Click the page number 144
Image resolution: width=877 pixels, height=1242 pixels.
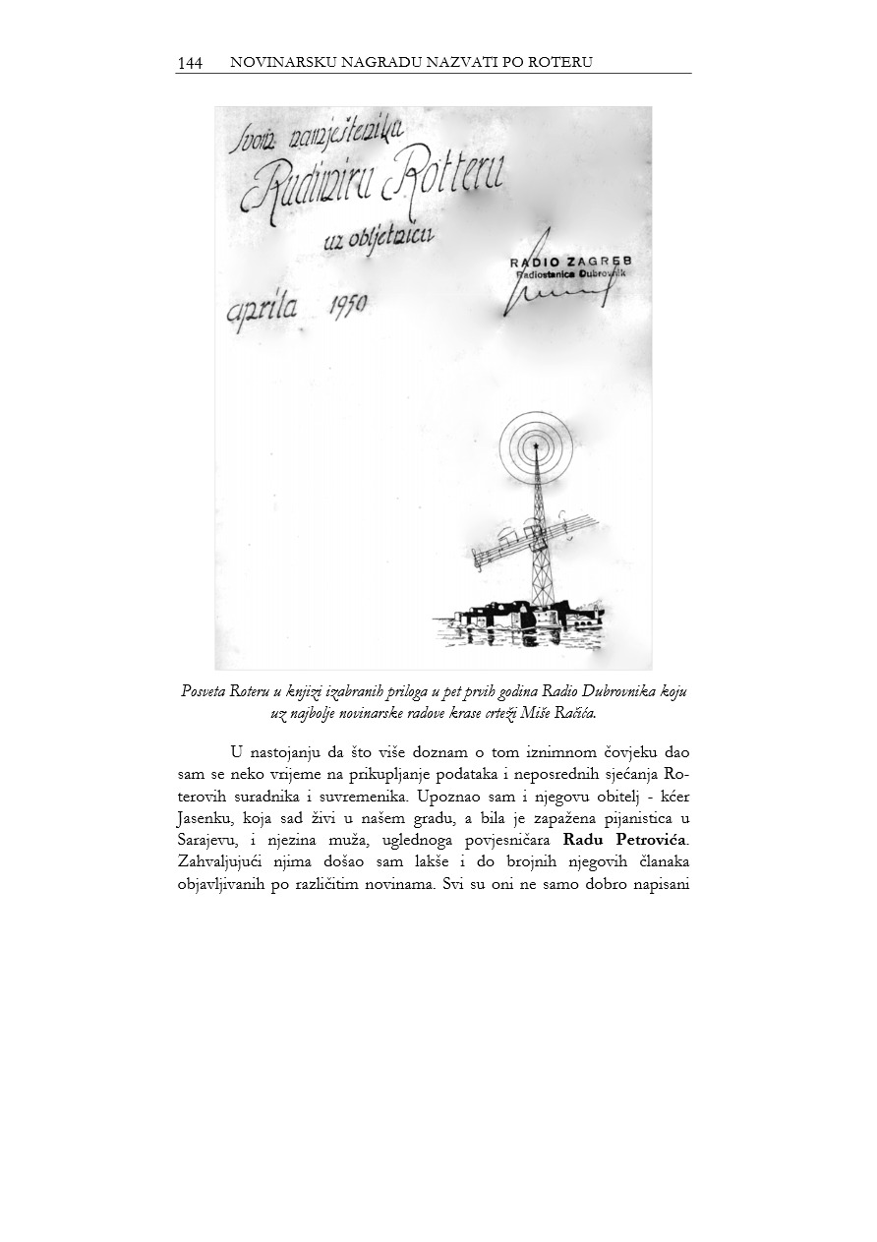(190, 64)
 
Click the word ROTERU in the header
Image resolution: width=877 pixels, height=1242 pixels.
(561, 63)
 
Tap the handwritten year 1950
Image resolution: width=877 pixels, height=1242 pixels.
(344, 305)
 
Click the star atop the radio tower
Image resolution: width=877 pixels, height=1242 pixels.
(535, 446)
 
